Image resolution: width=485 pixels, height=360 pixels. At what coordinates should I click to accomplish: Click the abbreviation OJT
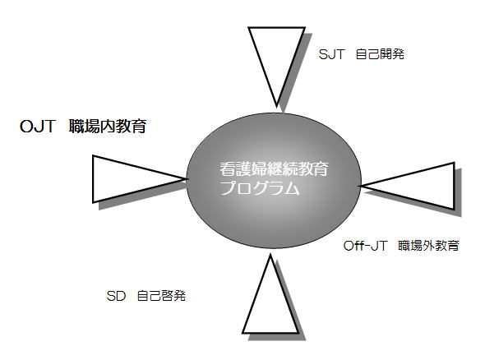click(x=38, y=127)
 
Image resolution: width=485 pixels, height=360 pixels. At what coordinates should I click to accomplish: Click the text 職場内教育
click(x=108, y=126)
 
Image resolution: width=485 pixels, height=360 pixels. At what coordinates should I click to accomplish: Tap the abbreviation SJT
click(x=331, y=54)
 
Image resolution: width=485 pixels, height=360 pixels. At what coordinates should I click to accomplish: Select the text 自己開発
click(x=380, y=54)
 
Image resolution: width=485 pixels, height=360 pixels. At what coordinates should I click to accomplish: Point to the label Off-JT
click(x=365, y=246)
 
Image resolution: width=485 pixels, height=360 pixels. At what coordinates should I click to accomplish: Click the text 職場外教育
click(x=429, y=246)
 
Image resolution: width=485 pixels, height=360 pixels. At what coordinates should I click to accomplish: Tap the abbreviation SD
click(x=116, y=296)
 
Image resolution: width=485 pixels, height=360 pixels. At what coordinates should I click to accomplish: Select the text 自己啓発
click(x=161, y=296)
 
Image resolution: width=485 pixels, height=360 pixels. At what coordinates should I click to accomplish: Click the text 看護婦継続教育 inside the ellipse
click(x=274, y=168)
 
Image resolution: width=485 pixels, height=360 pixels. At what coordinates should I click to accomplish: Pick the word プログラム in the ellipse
click(x=261, y=187)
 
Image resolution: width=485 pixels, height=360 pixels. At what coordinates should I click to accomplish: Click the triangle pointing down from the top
click(x=276, y=62)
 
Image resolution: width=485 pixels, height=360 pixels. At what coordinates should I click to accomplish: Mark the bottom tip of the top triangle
click(x=276, y=106)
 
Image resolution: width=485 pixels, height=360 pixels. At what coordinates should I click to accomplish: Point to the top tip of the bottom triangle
click(x=270, y=256)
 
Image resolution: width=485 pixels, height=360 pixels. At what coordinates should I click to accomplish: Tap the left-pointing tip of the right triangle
click(x=361, y=187)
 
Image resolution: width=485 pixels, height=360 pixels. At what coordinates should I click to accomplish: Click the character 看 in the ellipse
click(x=228, y=168)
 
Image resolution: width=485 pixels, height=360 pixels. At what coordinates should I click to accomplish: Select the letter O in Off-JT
click(x=349, y=247)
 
